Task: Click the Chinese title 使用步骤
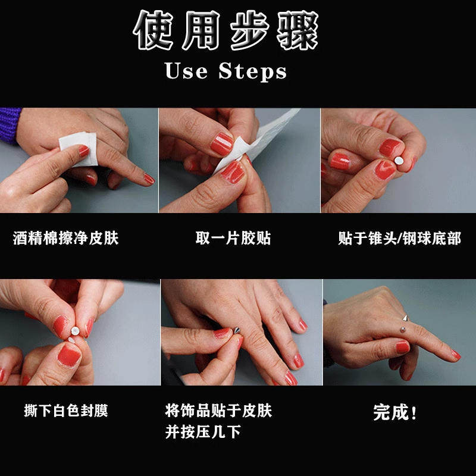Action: coord(226,31)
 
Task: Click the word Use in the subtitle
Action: coord(186,71)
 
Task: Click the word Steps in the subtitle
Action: coord(253,72)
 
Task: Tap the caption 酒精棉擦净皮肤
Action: coord(66,239)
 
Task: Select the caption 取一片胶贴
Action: coord(233,239)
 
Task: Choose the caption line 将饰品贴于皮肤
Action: coord(218,411)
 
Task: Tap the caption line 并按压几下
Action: coord(203,431)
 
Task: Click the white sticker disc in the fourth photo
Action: coord(76,328)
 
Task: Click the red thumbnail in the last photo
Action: coord(403,347)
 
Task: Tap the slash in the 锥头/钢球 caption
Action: coord(399,239)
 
